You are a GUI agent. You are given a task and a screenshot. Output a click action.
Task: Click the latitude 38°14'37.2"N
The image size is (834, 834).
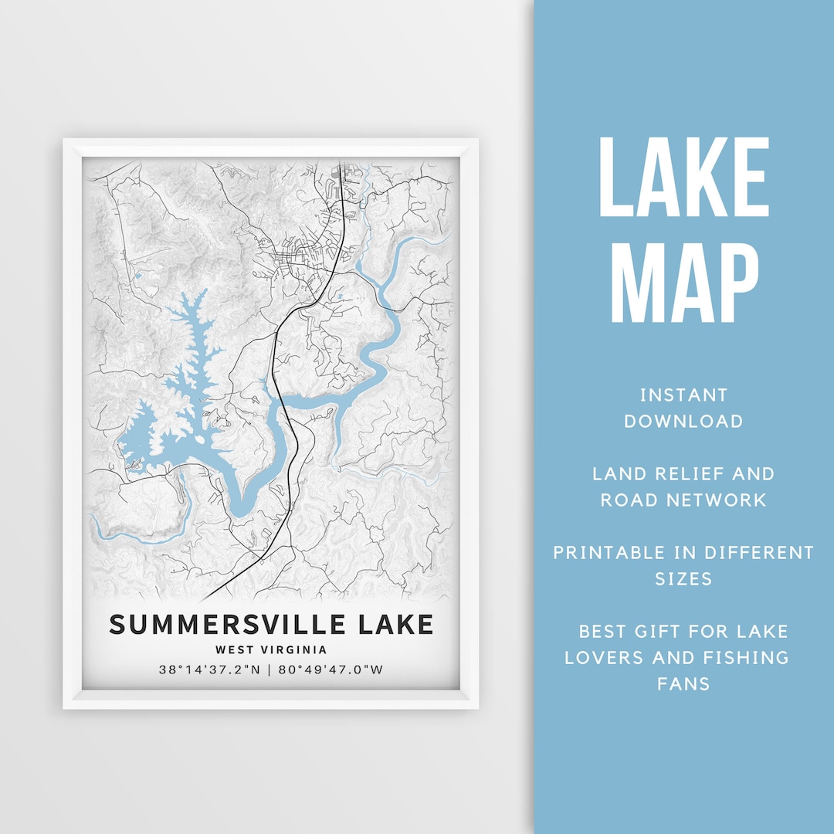(x=208, y=670)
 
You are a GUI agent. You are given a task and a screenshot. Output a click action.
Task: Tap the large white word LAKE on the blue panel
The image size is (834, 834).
(x=684, y=178)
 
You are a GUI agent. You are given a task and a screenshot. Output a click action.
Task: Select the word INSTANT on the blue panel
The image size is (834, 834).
(x=683, y=395)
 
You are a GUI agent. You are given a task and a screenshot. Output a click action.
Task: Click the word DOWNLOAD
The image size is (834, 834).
(x=683, y=422)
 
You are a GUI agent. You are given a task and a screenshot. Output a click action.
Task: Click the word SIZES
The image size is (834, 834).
(x=683, y=578)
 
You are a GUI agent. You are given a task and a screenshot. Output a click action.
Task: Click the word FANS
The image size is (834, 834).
(x=683, y=683)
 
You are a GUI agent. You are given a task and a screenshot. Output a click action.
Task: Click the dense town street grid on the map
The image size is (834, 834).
(x=297, y=259)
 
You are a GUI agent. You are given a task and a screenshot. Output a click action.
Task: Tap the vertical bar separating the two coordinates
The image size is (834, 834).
(x=270, y=670)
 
